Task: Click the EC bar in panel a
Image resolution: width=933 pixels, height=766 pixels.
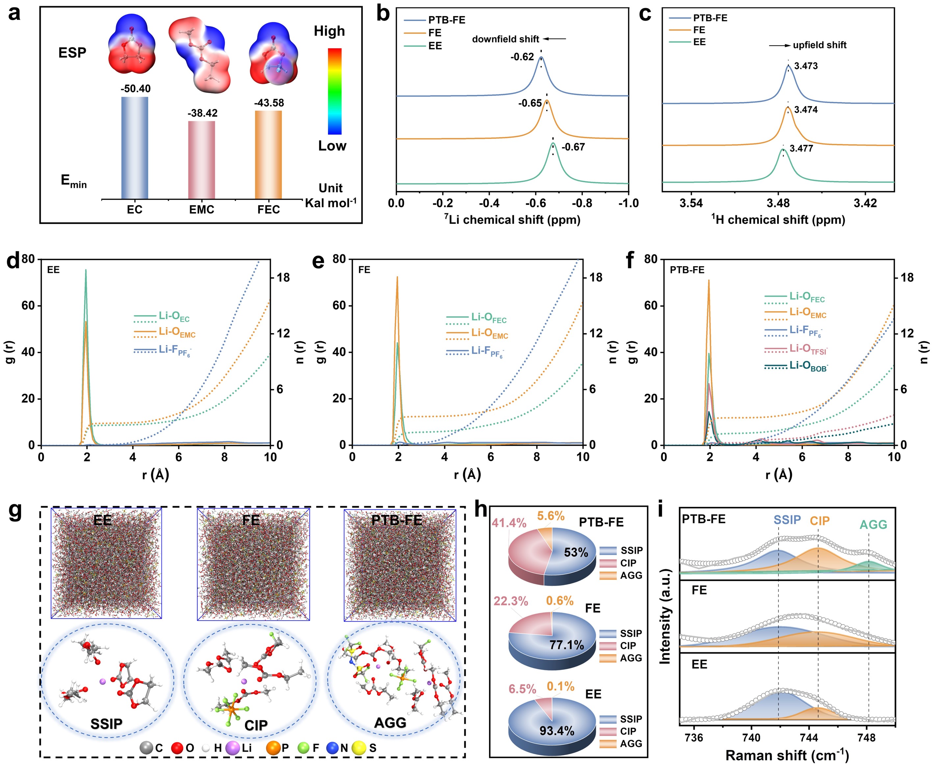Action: click(x=135, y=148)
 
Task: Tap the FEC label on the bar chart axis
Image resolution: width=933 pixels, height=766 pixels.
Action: click(x=268, y=210)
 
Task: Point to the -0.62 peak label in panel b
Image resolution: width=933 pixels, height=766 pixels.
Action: click(x=522, y=57)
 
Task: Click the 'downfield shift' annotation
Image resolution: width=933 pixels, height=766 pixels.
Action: click(x=505, y=39)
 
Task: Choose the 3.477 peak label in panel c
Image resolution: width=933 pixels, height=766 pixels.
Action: click(x=801, y=149)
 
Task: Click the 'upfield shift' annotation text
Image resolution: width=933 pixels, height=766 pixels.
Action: click(x=819, y=45)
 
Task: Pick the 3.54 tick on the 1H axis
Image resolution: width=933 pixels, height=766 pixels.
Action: click(x=691, y=203)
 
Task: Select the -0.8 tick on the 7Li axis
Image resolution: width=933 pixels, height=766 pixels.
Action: click(x=582, y=203)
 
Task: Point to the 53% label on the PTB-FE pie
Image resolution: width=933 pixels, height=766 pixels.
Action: click(x=576, y=552)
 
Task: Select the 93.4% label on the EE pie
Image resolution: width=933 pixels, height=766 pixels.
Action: click(x=557, y=731)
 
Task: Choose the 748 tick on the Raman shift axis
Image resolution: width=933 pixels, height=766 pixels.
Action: click(x=866, y=738)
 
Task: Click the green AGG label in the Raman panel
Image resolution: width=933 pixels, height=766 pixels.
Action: click(x=873, y=524)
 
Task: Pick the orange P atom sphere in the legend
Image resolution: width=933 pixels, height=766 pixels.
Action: click(x=273, y=748)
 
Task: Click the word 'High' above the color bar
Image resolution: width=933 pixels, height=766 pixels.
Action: click(x=329, y=31)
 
